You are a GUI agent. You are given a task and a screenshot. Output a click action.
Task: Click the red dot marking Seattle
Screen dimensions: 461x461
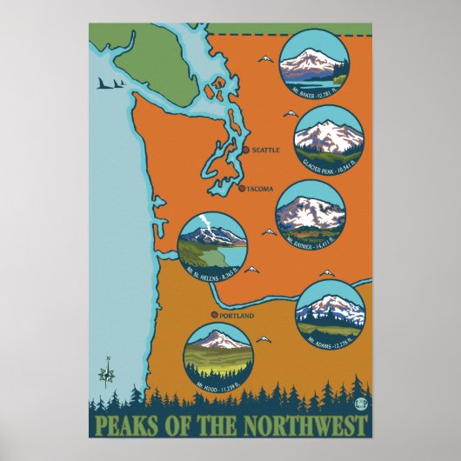(246, 150)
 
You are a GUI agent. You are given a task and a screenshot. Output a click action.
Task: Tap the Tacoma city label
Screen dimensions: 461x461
(260, 189)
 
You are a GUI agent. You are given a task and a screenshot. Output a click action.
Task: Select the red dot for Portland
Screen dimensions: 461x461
(213, 315)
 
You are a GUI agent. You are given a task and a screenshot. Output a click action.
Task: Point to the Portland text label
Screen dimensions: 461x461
(236, 316)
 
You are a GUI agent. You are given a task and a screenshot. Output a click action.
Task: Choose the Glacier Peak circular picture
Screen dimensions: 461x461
(327, 137)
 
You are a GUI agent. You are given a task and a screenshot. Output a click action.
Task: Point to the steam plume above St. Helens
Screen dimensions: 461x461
(202, 222)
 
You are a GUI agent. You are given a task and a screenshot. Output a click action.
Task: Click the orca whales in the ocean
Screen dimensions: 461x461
(109, 84)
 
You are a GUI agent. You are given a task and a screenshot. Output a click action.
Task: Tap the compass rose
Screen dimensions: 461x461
(109, 373)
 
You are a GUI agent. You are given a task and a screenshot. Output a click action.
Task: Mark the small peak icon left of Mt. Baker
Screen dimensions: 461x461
(264, 60)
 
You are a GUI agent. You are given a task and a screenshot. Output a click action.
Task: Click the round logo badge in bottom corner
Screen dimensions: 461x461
(359, 403)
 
